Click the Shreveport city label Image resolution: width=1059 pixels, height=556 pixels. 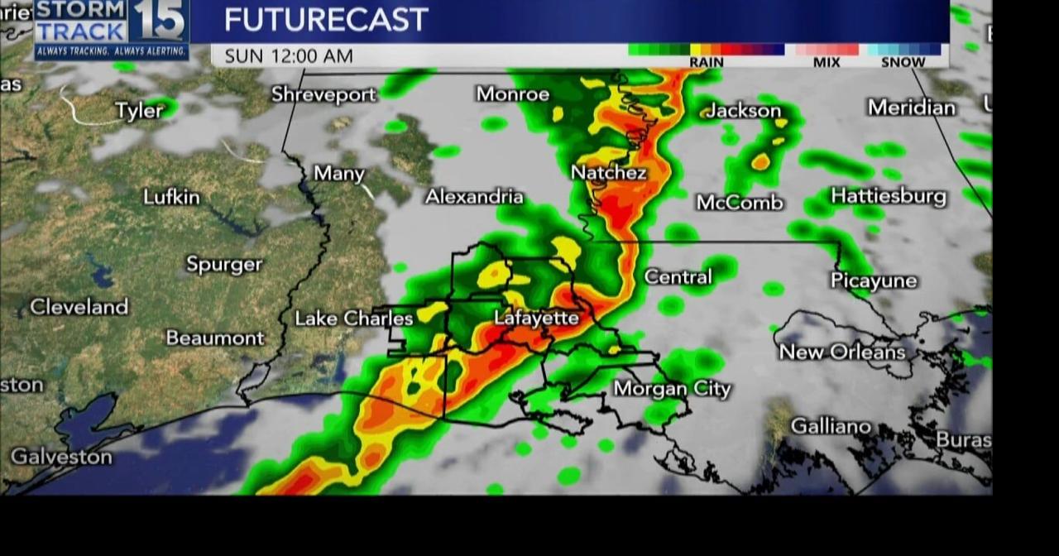coord(323,95)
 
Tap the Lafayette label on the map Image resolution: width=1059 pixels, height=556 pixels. coord(536,318)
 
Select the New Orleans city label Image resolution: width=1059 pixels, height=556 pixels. coord(842,352)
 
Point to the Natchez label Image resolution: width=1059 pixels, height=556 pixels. coord(608,173)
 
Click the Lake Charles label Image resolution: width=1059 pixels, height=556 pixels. coord(354,319)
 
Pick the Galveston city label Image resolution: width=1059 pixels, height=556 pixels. coord(61,457)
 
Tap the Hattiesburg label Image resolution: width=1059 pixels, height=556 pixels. coord(889,196)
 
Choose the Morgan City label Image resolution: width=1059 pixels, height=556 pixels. coord(672,389)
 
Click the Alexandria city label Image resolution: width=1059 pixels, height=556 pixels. coord(474,197)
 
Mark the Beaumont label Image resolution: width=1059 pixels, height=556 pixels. coord(215,338)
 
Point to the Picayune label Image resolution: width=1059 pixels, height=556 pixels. coord(874,281)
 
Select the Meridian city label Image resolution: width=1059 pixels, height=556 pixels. coord(911,108)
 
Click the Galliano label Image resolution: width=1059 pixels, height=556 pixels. coord(831,426)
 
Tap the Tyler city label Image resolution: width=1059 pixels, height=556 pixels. coord(139,111)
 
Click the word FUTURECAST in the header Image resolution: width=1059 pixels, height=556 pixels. coord(326,20)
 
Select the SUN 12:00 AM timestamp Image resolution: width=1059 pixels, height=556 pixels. coord(289,56)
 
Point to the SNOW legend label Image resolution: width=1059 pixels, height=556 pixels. coord(903,62)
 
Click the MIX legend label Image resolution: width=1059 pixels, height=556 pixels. coord(827,62)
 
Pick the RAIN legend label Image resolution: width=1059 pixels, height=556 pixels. coord(706,62)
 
